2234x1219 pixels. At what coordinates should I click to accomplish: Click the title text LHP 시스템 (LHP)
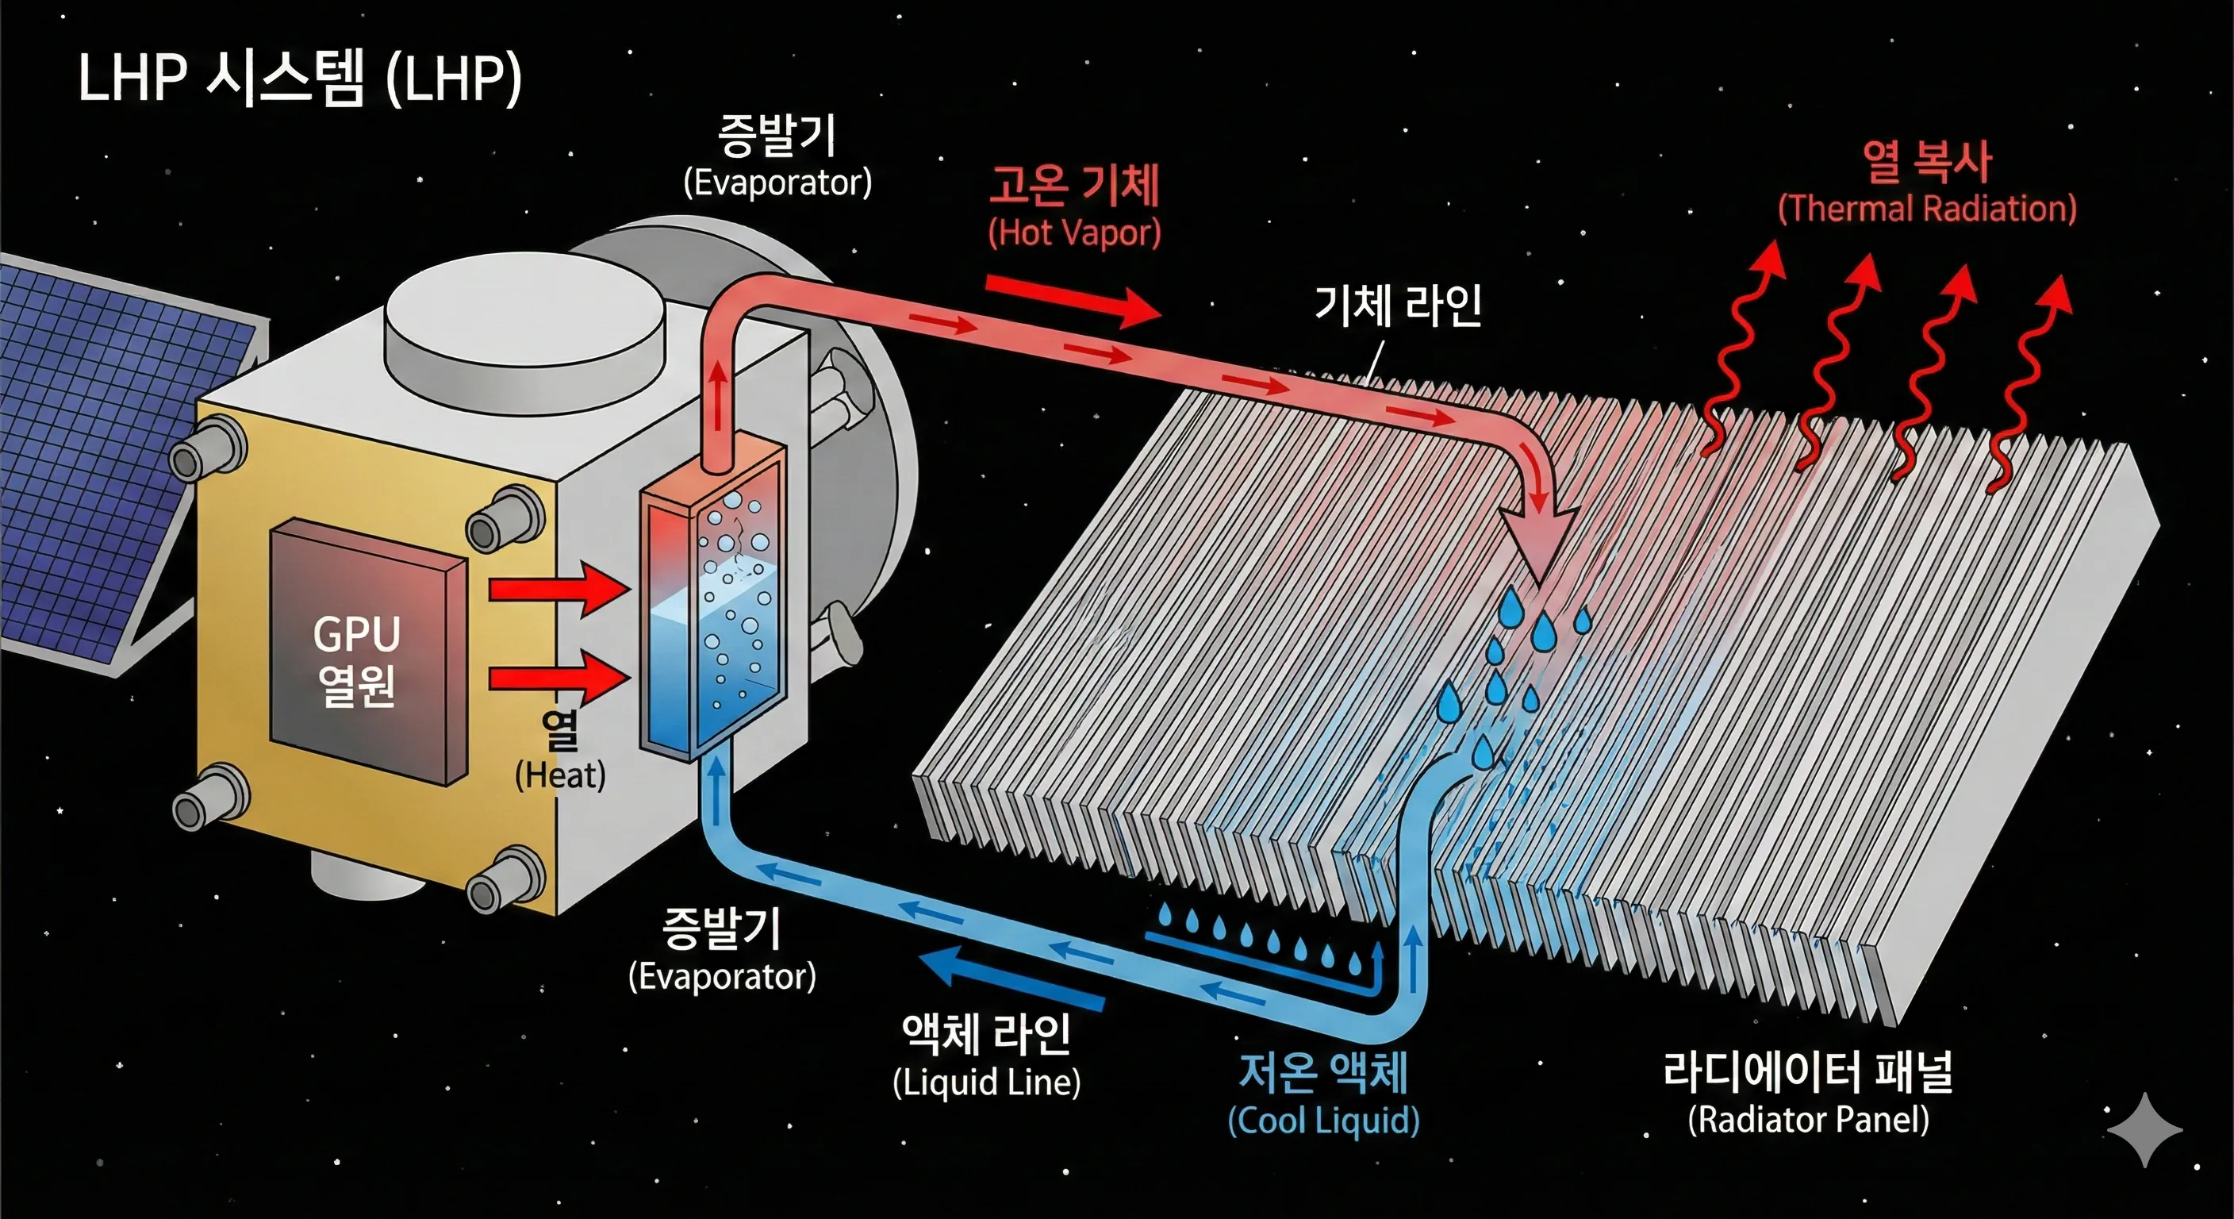(x=299, y=78)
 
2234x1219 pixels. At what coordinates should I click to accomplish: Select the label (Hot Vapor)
(x=1073, y=233)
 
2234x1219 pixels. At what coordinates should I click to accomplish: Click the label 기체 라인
(x=1398, y=306)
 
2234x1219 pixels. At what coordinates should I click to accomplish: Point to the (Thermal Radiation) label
(x=1927, y=209)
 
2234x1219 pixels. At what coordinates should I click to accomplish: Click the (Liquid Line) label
(x=987, y=1082)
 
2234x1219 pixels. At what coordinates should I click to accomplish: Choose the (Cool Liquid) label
(x=1323, y=1120)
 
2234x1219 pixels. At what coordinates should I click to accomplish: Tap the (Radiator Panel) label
(x=1808, y=1118)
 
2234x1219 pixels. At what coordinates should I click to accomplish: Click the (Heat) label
(x=560, y=775)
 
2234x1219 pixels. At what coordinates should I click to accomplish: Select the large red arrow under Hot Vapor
(x=1073, y=300)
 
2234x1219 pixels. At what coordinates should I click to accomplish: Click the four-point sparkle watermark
(x=2144, y=1129)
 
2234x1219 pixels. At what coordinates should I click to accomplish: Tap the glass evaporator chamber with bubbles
(x=713, y=607)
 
